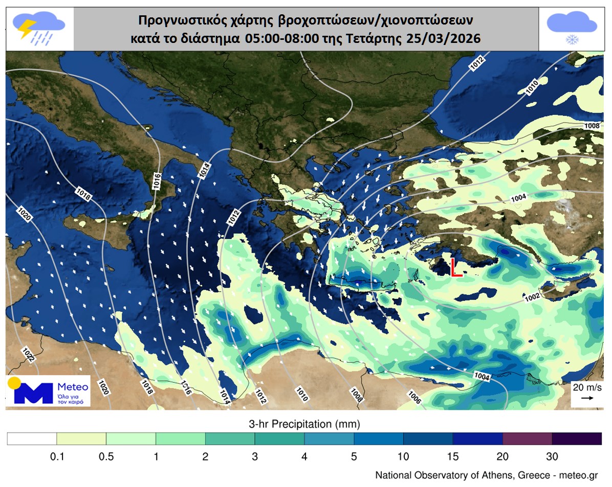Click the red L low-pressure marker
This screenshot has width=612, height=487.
click(x=456, y=268)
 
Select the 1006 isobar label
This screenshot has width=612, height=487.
click(x=414, y=397)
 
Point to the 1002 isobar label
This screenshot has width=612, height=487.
click(x=532, y=296)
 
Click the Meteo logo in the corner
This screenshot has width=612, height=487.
click(x=49, y=391)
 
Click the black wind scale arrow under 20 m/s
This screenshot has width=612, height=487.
click(x=587, y=398)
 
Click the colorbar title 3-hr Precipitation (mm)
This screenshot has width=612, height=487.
click(x=304, y=424)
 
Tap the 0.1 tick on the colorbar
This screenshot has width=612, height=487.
click(x=56, y=456)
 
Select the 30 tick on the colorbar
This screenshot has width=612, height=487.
click(x=552, y=456)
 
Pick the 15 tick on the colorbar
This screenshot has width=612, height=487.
click(x=453, y=456)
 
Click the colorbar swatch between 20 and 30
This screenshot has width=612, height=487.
click(x=527, y=439)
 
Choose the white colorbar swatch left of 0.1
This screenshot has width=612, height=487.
click(x=32, y=439)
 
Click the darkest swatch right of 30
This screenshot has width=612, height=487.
click(x=577, y=439)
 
